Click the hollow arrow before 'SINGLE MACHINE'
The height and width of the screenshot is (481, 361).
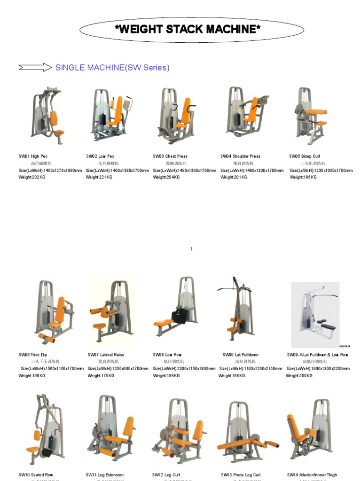[35, 67]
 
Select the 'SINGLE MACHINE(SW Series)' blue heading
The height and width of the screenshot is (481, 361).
[112, 68]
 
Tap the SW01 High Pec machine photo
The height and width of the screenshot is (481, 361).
[47, 116]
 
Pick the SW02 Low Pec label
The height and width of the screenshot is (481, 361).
[100, 156]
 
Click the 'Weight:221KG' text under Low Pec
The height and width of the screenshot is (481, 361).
[99, 177]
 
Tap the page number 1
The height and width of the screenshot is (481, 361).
[191, 248]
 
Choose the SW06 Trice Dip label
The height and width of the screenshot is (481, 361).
[33, 355]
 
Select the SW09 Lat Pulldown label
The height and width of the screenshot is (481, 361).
[241, 355]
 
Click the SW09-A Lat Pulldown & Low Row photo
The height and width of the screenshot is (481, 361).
[315, 315]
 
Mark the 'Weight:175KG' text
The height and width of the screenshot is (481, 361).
[101, 376]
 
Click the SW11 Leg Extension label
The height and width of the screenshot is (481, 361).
[105, 475]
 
